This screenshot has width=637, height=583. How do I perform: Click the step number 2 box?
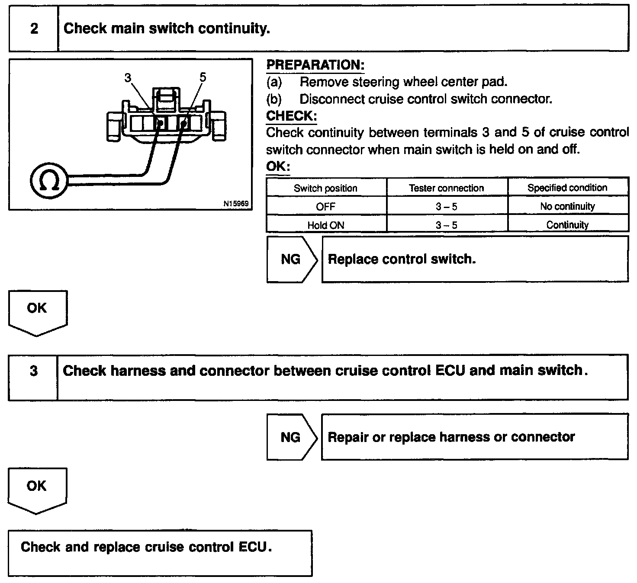34,29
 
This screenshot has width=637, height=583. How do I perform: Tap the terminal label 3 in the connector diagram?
128,77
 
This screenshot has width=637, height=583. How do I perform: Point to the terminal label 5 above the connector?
203,77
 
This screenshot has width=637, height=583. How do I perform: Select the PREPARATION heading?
315,65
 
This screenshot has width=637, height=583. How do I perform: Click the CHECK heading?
291,116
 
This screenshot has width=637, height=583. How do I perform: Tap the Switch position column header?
325,188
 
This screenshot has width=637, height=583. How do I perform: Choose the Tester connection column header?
446,188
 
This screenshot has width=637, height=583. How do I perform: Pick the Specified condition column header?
567,188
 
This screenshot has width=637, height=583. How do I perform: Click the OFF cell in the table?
325,206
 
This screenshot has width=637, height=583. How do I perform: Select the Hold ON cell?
325,225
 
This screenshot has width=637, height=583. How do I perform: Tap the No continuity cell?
567,206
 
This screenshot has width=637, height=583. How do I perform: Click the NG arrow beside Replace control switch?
291,259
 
